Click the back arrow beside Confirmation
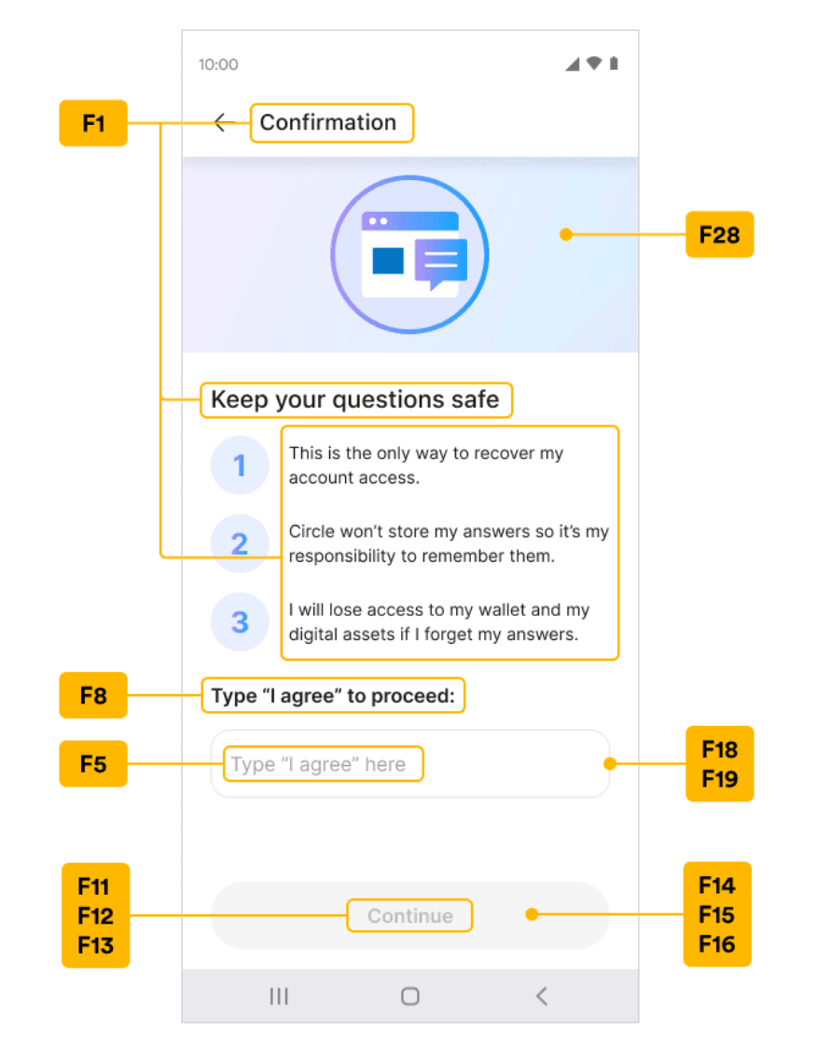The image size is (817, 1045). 225,122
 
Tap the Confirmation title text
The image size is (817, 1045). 328,122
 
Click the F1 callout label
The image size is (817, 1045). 93,123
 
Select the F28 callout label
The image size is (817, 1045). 720,234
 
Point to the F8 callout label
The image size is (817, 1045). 93,695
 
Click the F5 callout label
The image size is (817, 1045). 93,764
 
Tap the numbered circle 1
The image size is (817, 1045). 240,466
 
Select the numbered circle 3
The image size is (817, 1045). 240,621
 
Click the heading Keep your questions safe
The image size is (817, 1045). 355,400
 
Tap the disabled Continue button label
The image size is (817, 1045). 409,915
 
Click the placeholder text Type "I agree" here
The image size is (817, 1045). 318,764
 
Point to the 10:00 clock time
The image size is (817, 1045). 218,64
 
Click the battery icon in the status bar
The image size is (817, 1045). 614,63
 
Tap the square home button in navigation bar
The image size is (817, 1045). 409,996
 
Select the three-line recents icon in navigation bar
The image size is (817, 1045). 279,996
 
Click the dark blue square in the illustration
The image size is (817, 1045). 388,260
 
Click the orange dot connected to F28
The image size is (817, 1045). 566,234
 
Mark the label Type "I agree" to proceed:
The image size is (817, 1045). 333,696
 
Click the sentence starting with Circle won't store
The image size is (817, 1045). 449,544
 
